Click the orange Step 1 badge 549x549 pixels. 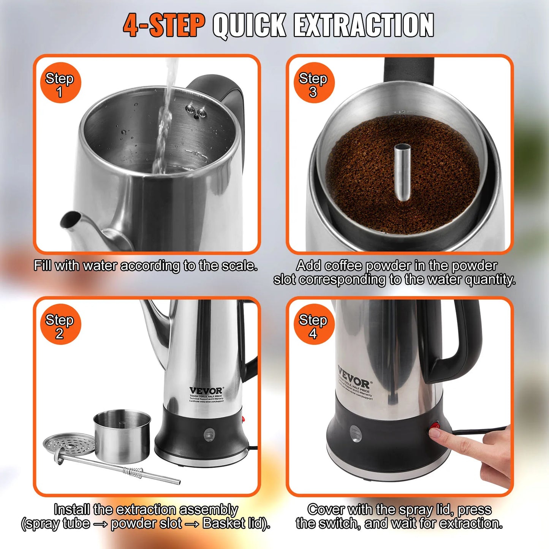click(x=60, y=83)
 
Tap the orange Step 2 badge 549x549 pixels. click(x=60, y=325)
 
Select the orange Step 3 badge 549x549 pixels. click(x=314, y=83)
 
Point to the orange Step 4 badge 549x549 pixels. click(x=314, y=325)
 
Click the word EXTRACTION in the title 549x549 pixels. click(x=364, y=25)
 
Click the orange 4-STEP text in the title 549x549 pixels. click(x=164, y=25)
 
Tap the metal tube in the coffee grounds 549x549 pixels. click(x=402, y=171)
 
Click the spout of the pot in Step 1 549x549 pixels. click(x=72, y=220)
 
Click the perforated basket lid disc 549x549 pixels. click(x=68, y=445)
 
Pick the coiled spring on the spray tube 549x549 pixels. click(x=133, y=472)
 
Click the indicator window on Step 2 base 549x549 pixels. click(x=209, y=434)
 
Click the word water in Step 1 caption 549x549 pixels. click(x=100, y=266)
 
